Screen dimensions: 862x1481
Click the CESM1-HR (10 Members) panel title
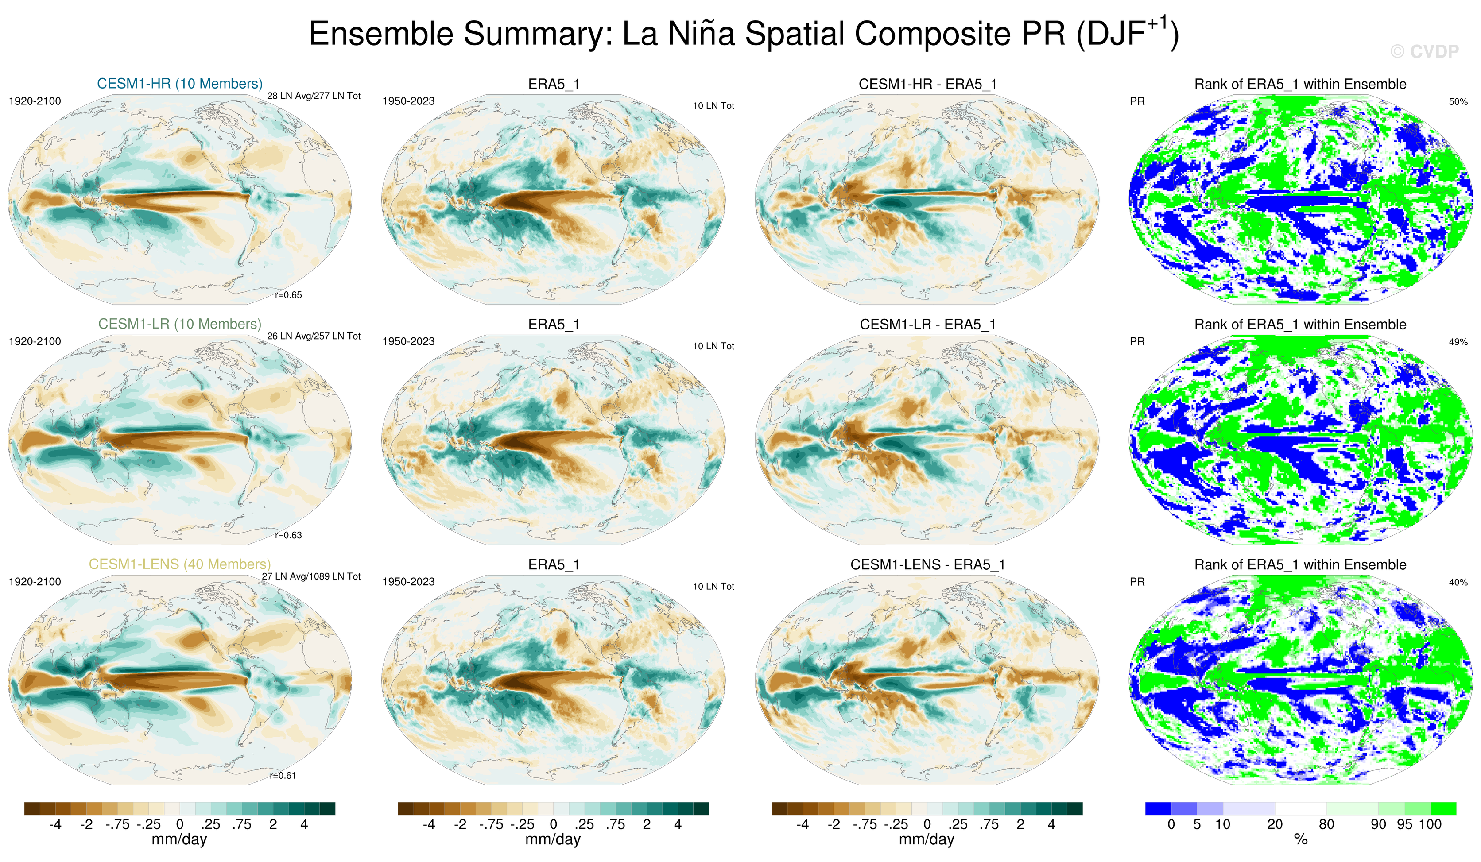(x=179, y=83)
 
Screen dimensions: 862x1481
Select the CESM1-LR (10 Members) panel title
(x=179, y=324)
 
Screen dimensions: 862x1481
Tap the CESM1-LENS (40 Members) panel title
(x=179, y=564)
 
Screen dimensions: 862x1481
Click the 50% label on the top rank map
(x=1458, y=102)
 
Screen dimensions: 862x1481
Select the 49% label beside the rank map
(x=1458, y=342)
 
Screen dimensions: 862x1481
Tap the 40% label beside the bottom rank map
(x=1458, y=582)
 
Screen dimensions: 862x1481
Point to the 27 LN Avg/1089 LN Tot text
(x=311, y=576)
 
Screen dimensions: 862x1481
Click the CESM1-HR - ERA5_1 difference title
(x=927, y=84)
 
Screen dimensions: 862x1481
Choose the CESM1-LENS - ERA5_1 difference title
(x=927, y=564)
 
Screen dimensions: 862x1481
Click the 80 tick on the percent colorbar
(x=1326, y=824)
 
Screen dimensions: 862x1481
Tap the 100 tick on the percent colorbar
(x=1430, y=824)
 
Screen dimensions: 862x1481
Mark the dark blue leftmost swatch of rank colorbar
(x=1158, y=808)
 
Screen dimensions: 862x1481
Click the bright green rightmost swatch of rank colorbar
(x=1443, y=808)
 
